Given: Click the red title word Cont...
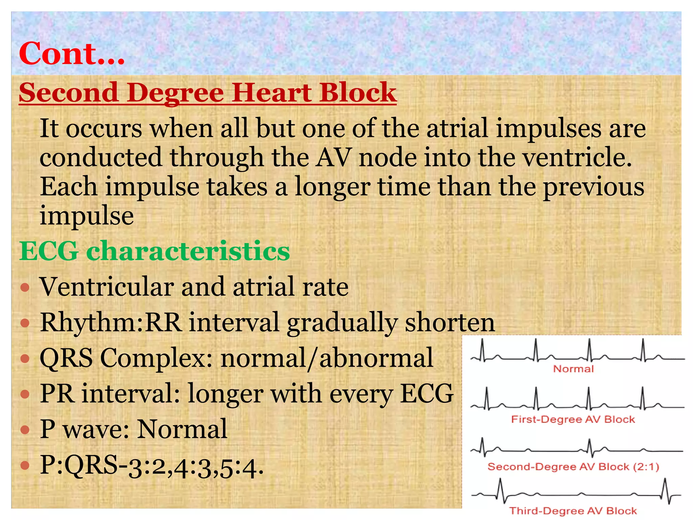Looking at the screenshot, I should click(71, 53).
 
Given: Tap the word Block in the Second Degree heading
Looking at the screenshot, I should click(358, 93).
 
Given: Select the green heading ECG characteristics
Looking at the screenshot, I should click(154, 251).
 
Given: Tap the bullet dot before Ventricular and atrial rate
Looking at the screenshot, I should click(25, 288).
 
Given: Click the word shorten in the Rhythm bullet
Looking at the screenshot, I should click(450, 322).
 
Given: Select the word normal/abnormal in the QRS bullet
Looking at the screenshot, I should click(327, 358).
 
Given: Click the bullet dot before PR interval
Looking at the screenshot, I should click(25, 394).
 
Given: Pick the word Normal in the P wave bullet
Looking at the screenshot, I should click(182, 429).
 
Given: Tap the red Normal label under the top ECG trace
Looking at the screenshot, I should click(573, 369).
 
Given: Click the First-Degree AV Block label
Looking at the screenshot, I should click(573, 419).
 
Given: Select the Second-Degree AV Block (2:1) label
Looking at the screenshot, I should click(573, 467).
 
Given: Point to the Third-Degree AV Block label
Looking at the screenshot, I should click(573, 511).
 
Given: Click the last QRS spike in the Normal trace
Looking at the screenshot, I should click(643, 350).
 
